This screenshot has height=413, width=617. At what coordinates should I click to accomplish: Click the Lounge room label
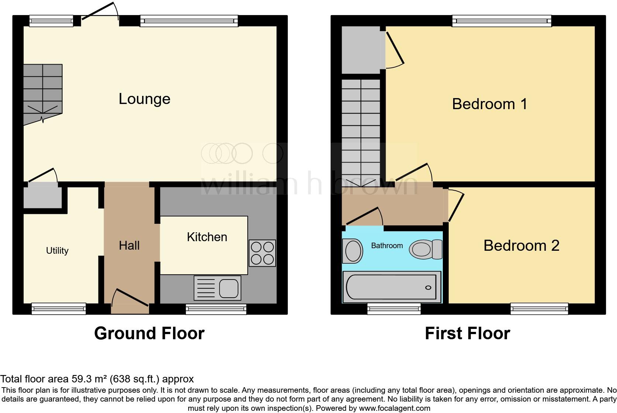coord(144,99)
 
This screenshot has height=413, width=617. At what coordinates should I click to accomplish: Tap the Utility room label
coord(57,251)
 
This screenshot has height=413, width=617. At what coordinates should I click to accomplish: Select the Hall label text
coord(129,246)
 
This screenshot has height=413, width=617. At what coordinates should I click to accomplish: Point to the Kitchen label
coord(207,237)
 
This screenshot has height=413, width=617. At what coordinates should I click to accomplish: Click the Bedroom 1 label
coord(489,104)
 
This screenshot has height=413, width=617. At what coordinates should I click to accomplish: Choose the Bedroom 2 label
coord(521,246)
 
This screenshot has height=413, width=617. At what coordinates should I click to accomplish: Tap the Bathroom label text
coord(387,246)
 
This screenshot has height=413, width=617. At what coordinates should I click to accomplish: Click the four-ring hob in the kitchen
coord(262,253)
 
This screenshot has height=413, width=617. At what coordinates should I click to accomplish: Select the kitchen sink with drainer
coord(217,288)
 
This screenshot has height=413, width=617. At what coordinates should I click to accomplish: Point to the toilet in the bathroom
coord(426,249)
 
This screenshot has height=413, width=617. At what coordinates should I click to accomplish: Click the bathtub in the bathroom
coord(392,287)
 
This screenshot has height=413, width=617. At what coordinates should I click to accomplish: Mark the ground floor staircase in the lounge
coord(43,92)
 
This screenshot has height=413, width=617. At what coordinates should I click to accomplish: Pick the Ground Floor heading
coord(149,333)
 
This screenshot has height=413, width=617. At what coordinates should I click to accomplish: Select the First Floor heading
coord(467,333)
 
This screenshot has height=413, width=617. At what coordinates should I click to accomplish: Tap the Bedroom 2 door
coord(455,205)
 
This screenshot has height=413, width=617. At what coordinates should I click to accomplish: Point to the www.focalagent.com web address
coord(394,408)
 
